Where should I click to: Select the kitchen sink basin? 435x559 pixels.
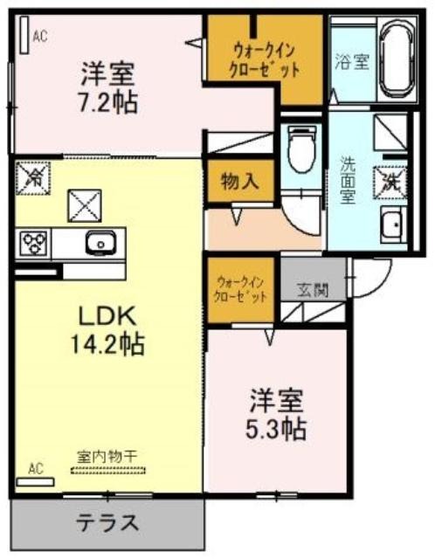pos(101,243)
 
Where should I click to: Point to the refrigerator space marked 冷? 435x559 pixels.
pos(33,178)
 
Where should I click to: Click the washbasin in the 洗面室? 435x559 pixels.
pos(393,225)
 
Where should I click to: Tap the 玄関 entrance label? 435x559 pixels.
pos(313,290)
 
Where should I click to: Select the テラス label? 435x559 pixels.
pos(107,522)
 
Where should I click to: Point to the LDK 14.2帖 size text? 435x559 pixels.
pos(107,330)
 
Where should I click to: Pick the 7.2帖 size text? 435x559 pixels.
pos(107,102)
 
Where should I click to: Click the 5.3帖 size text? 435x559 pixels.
pos(276,428)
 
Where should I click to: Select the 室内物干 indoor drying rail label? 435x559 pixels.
pos(107,457)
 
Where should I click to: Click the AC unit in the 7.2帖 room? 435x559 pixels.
pos(24,35)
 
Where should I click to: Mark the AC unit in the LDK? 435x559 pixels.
pos(35,482)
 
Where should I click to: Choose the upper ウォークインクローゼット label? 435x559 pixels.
pos(264,60)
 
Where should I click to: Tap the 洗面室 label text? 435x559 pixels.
pos(347,181)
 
